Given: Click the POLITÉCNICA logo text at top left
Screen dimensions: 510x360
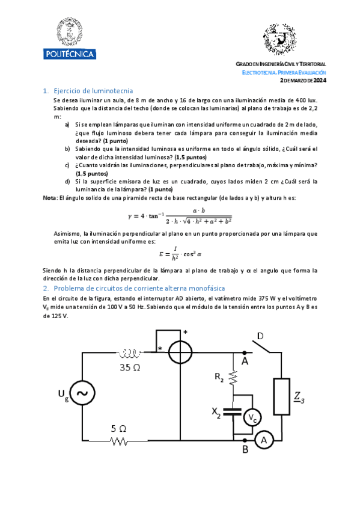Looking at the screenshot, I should [x=70, y=55].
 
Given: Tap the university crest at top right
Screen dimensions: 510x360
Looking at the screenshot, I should [x=280, y=40].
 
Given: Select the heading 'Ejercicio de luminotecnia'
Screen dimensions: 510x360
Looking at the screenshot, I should [x=89, y=90].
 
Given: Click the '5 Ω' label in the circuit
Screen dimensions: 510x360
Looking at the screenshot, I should [x=119, y=429].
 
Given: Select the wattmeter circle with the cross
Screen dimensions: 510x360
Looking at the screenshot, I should [x=180, y=352].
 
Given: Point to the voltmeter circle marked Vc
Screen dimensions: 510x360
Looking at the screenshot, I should [x=254, y=417].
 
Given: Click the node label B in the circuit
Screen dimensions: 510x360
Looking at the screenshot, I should [x=245, y=448].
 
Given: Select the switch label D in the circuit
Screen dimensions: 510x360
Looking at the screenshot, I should [x=261, y=336].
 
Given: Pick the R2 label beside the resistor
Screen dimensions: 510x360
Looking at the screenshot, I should [x=219, y=377].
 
